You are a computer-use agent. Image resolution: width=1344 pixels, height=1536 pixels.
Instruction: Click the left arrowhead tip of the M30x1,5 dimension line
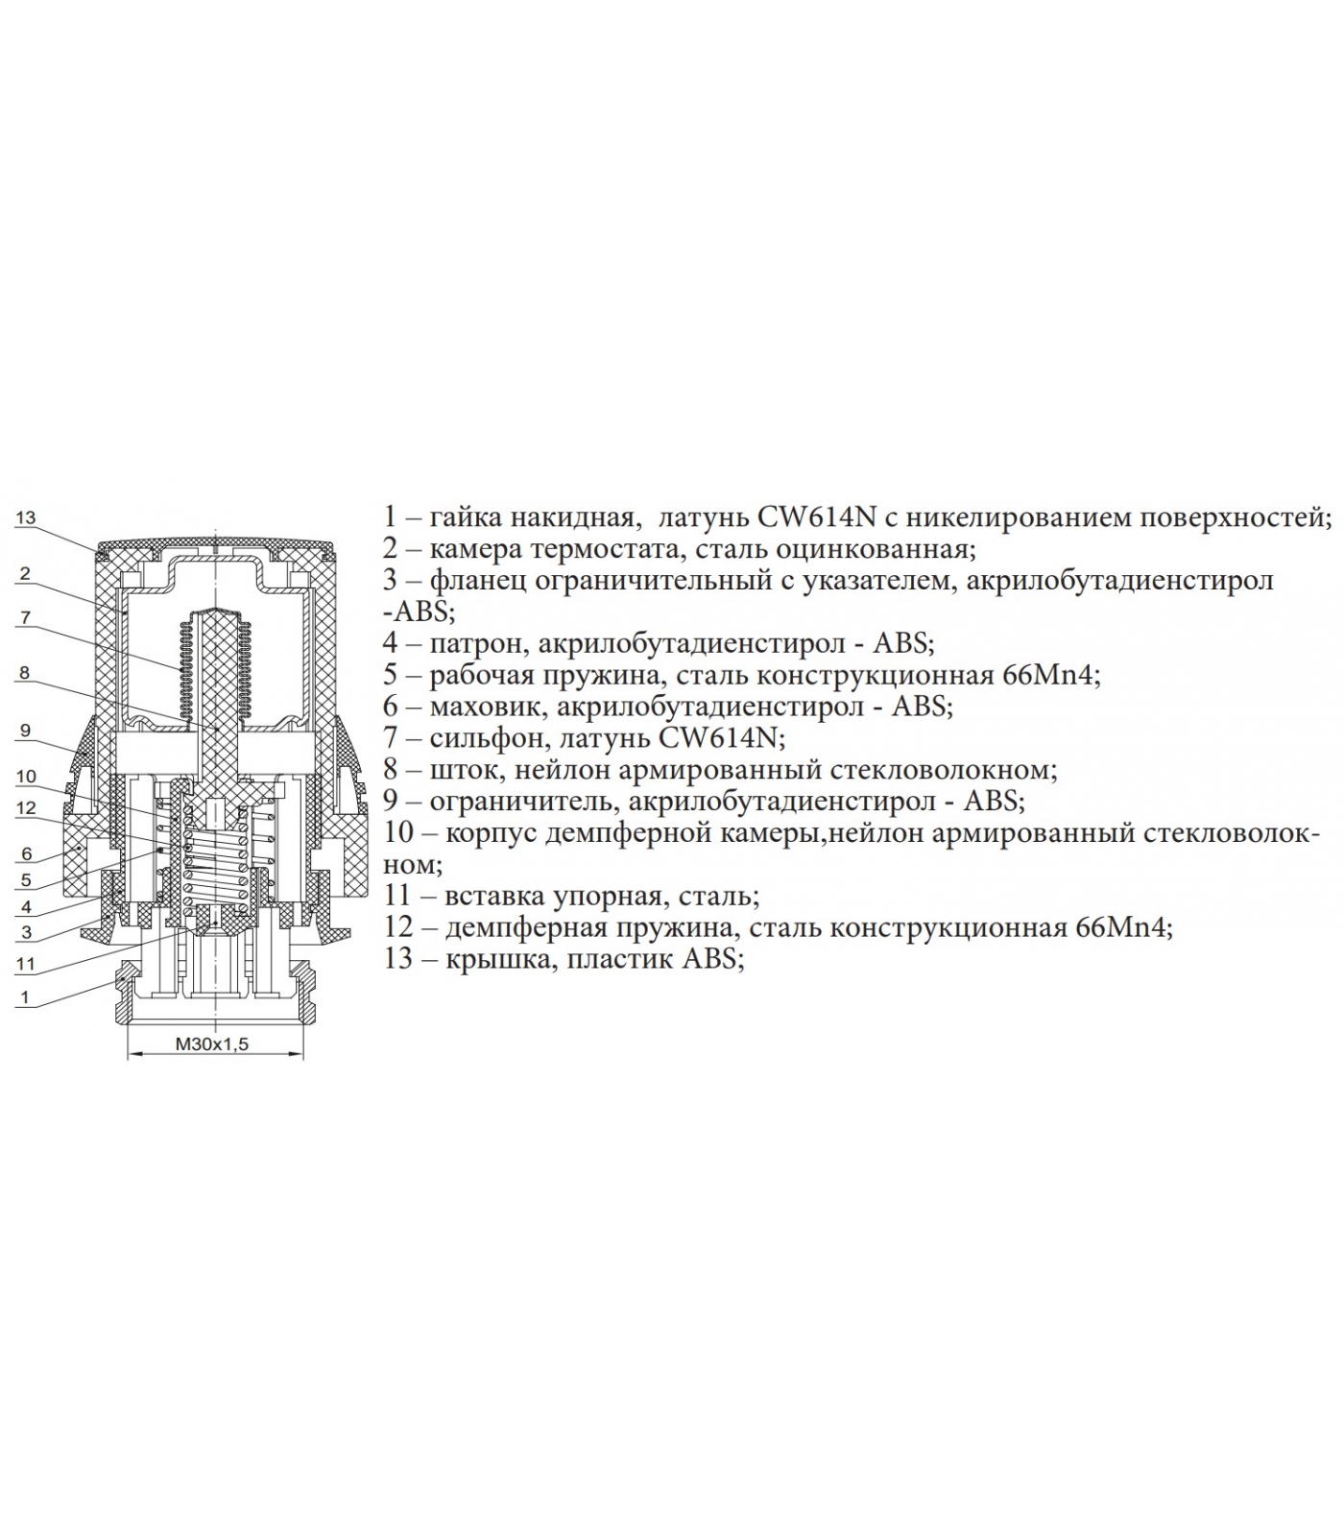(128, 1054)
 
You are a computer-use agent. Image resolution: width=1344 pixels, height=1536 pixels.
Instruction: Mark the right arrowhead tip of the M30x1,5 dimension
(303, 1054)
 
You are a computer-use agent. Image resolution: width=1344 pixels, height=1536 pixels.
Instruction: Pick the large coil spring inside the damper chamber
(217, 861)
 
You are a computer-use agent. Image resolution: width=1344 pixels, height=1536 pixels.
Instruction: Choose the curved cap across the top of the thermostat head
(217, 545)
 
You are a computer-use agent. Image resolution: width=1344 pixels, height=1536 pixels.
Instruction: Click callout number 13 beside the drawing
(25, 518)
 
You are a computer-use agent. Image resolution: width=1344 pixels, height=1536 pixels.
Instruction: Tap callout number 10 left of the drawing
(26, 776)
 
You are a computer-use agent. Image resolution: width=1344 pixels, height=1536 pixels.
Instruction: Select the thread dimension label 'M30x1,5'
(211, 1044)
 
